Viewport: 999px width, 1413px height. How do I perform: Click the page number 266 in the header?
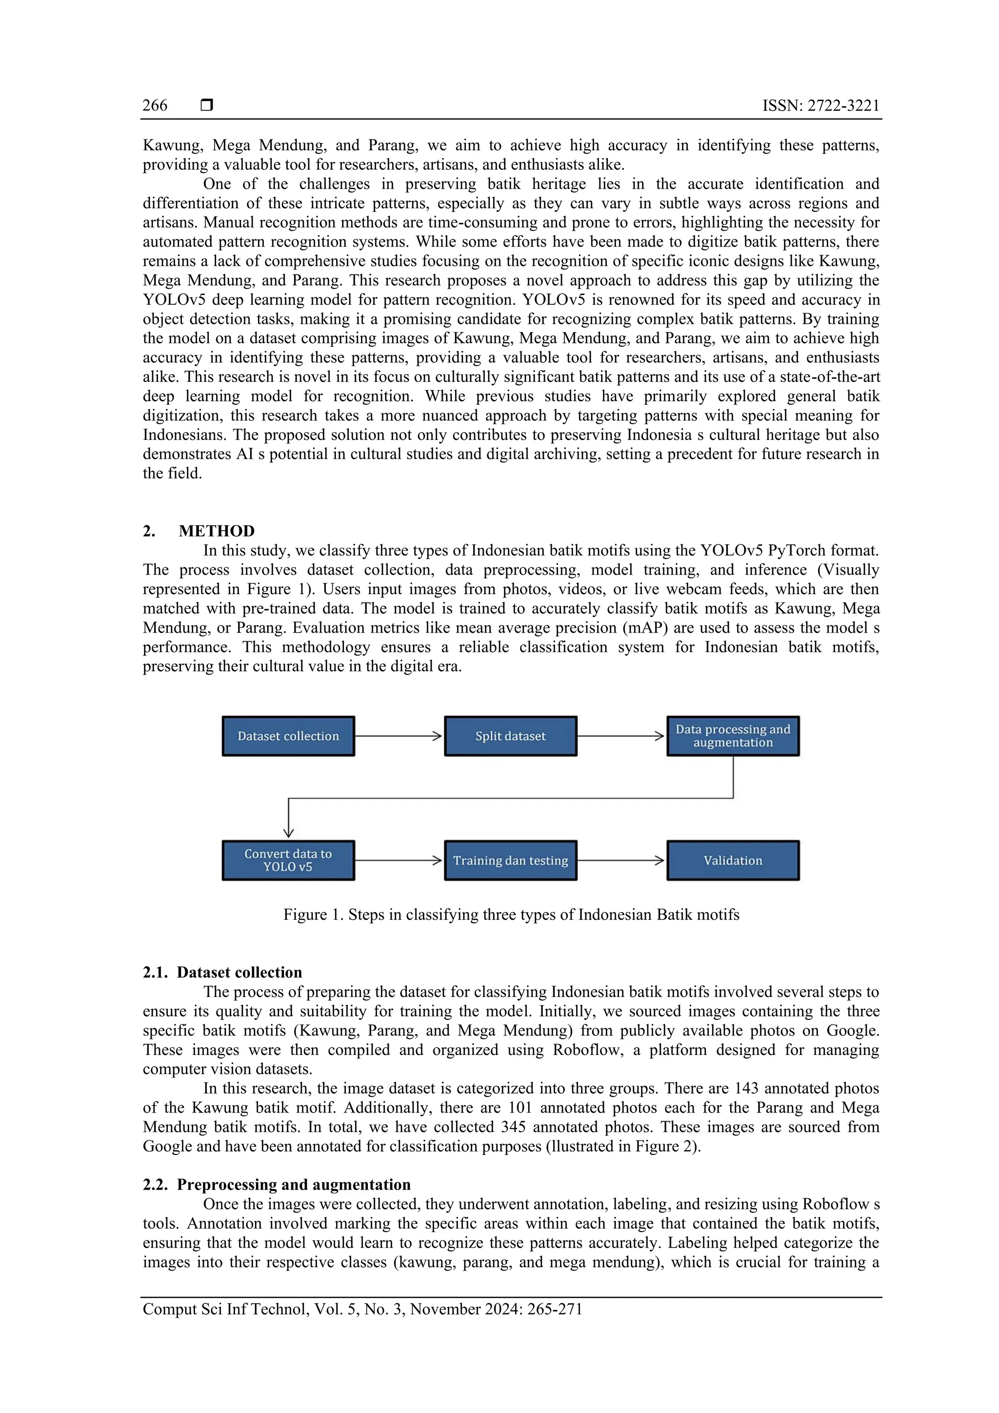click(x=155, y=105)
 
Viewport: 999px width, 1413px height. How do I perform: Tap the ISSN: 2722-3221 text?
click(x=820, y=105)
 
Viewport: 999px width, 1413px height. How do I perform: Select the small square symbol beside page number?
click(x=207, y=105)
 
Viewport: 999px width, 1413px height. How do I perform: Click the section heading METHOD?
click(x=216, y=531)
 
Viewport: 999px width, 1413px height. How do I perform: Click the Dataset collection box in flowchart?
click(x=288, y=736)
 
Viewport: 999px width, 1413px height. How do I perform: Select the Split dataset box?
click(x=510, y=736)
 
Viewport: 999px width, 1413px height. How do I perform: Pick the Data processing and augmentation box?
click(x=733, y=736)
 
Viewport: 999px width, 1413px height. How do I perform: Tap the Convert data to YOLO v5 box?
click(x=288, y=860)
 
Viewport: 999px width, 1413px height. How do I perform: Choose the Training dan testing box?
click(x=510, y=860)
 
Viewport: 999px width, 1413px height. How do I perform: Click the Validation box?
click(x=733, y=860)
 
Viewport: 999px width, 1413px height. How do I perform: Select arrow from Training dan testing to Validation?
click(x=621, y=860)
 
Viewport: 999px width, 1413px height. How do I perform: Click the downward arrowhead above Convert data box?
click(x=288, y=832)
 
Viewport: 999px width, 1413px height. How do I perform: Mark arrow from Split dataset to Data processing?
click(x=621, y=736)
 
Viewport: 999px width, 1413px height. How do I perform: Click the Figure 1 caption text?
click(x=511, y=915)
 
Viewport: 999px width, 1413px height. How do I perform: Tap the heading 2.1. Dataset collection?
click(x=222, y=973)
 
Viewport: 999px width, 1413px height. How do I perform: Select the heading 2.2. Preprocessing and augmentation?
click(x=277, y=1185)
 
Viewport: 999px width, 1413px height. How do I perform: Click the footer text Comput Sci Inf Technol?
click(x=362, y=1309)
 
